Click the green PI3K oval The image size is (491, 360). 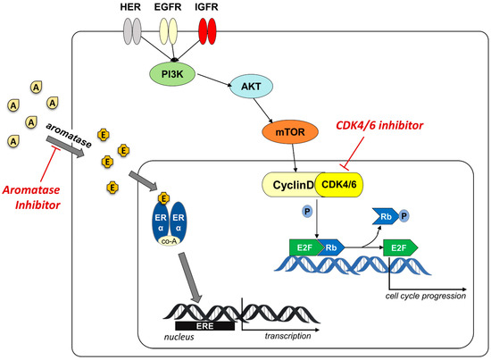tap(172, 74)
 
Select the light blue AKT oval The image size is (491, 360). tap(251, 86)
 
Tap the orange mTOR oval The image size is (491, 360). tap(290, 132)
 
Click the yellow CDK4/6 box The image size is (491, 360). tap(339, 185)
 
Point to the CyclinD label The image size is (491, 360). tap(293, 185)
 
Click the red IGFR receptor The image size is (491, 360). tap(207, 31)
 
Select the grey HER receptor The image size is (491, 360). tap(132, 31)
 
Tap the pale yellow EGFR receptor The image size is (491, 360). tap(169, 31)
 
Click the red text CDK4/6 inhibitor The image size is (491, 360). tap(379, 125)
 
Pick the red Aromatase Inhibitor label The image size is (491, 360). tap(31, 197)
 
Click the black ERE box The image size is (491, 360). tap(204, 326)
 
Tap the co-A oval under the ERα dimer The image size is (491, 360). tap(169, 240)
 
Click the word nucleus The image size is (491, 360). tap(179, 337)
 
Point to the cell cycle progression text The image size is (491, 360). tap(426, 296)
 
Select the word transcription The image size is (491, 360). tap(287, 336)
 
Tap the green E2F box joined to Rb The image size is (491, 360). tap(305, 247)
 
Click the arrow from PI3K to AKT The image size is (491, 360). tap(214, 80)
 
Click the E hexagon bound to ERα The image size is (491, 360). tap(163, 198)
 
